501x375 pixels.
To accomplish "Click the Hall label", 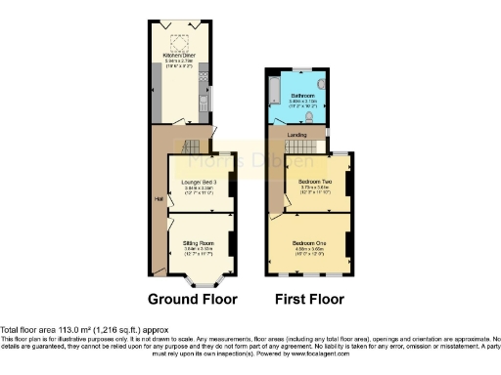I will (x=159, y=199).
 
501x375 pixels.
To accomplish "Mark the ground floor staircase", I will (x=196, y=143).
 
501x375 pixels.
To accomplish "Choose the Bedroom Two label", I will (x=306, y=181).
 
